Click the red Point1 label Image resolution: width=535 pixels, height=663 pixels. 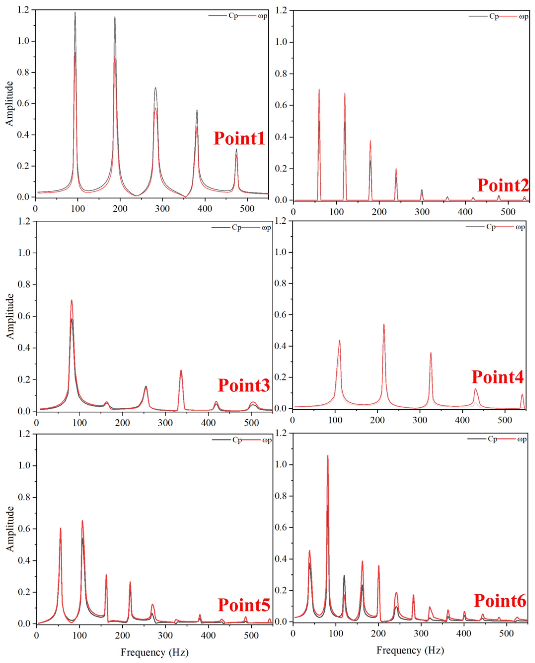[239, 138]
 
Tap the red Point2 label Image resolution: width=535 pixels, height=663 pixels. [503, 185]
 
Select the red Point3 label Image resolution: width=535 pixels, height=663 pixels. [244, 386]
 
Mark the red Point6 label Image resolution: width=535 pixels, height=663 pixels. [500, 601]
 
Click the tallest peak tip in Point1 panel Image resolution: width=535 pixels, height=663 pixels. [75, 13]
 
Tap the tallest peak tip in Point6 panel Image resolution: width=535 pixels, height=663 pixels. [328, 456]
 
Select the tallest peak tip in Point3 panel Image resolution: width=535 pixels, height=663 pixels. [71, 300]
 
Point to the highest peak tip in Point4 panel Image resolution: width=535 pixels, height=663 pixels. [384, 324]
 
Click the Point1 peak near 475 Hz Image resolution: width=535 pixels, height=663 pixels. [236, 150]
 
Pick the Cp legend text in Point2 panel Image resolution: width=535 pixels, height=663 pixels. [494, 16]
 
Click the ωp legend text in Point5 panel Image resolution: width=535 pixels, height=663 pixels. [267, 440]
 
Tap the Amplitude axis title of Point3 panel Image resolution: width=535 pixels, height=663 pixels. [10, 316]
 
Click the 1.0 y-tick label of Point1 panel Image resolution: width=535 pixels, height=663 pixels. [24, 41]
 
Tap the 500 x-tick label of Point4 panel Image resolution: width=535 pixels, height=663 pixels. [505, 420]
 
